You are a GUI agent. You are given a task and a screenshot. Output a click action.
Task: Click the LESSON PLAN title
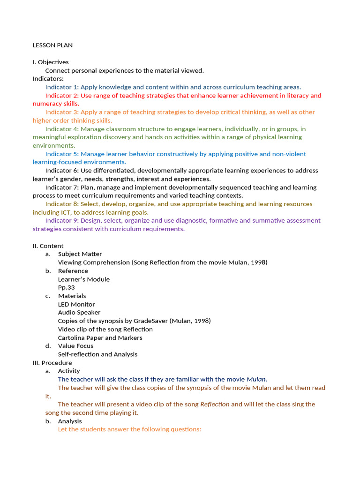point(52,45)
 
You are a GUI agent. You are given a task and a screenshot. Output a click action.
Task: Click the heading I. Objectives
point(51,62)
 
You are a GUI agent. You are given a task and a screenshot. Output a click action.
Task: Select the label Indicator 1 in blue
point(62,87)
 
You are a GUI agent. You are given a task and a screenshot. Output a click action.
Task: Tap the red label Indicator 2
point(62,96)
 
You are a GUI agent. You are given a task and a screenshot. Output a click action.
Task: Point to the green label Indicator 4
point(62,129)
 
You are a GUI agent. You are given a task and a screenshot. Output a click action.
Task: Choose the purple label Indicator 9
point(62,221)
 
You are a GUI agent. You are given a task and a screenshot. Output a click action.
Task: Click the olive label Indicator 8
point(62,204)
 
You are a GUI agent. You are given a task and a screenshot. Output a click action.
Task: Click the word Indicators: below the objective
point(48,79)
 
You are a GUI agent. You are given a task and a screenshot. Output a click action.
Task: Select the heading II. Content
point(48,246)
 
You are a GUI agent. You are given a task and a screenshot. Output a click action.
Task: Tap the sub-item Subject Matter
point(80,254)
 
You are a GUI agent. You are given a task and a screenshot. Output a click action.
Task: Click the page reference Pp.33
point(66,287)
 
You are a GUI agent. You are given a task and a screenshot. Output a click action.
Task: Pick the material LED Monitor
point(76,304)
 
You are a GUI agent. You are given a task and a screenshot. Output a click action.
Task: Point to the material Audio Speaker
point(79,313)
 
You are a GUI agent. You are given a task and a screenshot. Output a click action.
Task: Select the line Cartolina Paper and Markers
point(100,337)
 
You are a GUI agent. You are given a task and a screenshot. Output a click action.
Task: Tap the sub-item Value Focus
point(75,346)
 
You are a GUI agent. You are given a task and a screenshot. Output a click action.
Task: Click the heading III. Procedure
point(52,363)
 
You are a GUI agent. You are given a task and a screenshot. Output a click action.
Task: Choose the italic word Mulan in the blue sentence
point(256,379)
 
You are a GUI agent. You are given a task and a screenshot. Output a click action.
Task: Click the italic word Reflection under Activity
point(215,405)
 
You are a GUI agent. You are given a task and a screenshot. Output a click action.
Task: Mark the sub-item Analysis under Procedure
point(70,421)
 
